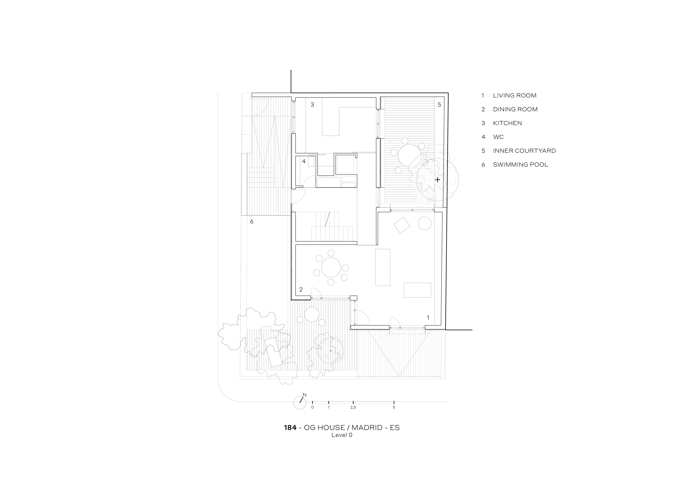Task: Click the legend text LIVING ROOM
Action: pos(515,96)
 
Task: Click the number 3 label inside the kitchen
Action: pos(312,105)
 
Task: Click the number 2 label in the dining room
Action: pos(301,289)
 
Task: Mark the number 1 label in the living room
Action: pos(428,317)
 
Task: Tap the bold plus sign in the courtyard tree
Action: pos(437,180)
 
